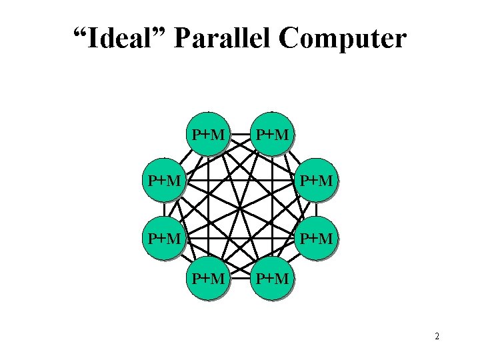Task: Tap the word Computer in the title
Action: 343,39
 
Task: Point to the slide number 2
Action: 437,337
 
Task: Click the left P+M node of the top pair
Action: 208,135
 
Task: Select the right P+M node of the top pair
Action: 272,135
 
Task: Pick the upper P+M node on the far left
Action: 165,179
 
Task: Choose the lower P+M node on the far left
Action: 165,237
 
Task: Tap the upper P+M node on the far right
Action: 315,179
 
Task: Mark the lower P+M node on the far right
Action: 315,237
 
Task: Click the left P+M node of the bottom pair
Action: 208,278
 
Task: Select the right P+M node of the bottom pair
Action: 272,278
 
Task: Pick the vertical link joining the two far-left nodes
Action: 164,208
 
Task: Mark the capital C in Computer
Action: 291,39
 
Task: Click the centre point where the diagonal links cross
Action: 240,207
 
